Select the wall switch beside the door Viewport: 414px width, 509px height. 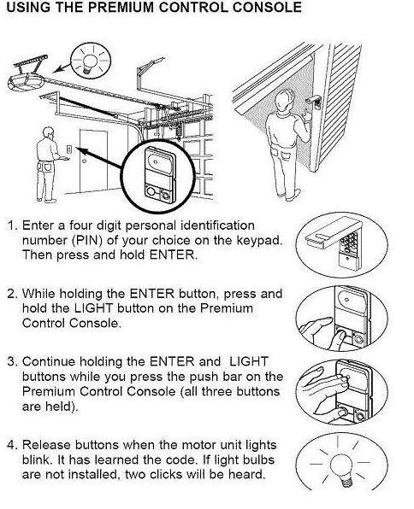pyautogui.click(x=68, y=149)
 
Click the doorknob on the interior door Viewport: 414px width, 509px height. pyautogui.click(x=84, y=161)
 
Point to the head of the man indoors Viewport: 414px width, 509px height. pyautogui.click(x=48, y=133)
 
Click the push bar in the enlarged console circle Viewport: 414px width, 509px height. pyautogui.click(x=158, y=161)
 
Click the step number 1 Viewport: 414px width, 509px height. pyautogui.click(x=12, y=225)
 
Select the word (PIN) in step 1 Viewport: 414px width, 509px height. pyautogui.click(x=86, y=241)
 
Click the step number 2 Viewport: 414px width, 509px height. pyautogui.click(x=12, y=294)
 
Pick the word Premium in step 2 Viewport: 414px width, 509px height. pyautogui.click(x=226, y=308)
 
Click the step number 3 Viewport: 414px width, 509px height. pyautogui.click(x=12, y=361)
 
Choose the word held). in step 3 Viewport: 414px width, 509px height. pyautogui.click(x=50, y=407)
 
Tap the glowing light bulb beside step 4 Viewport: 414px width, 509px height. pyautogui.click(x=341, y=468)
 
